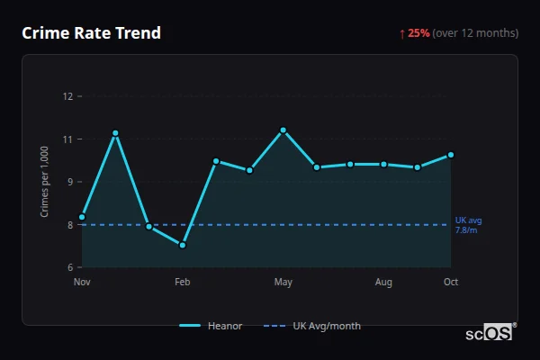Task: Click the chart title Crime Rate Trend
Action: (91, 33)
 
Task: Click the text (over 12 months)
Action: (475, 33)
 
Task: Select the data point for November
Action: (82, 217)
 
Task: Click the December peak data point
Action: (115, 133)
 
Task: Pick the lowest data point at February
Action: (183, 245)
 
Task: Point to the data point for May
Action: (283, 130)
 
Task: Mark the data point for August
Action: (383, 164)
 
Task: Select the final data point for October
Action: (451, 155)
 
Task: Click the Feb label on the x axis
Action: (183, 283)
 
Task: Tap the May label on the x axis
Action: (283, 283)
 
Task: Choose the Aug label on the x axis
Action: (383, 283)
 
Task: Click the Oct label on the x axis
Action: (451, 283)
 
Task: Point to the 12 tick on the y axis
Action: (67, 96)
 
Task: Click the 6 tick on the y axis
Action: (68, 267)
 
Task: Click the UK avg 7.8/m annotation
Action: (468, 225)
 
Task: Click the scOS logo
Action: (490, 333)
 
